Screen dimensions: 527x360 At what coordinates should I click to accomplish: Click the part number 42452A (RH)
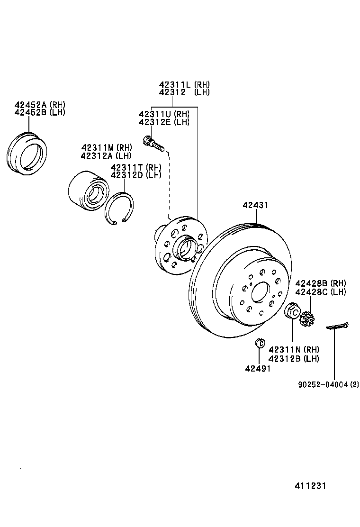tap(40, 105)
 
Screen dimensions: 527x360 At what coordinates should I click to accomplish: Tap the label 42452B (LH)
tap(40, 112)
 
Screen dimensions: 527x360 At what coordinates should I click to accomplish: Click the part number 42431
tap(256, 206)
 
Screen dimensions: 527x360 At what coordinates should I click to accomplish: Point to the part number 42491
tap(258, 368)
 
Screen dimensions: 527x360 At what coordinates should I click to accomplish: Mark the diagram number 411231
tap(310, 486)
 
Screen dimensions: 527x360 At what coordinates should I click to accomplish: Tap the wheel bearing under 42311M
tap(87, 191)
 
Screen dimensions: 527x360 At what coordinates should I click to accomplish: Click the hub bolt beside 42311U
tap(153, 143)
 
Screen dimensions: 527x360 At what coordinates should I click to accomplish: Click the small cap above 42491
tap(259, 343)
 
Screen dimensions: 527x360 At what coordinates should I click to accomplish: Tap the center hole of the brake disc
tap(259, 292)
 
